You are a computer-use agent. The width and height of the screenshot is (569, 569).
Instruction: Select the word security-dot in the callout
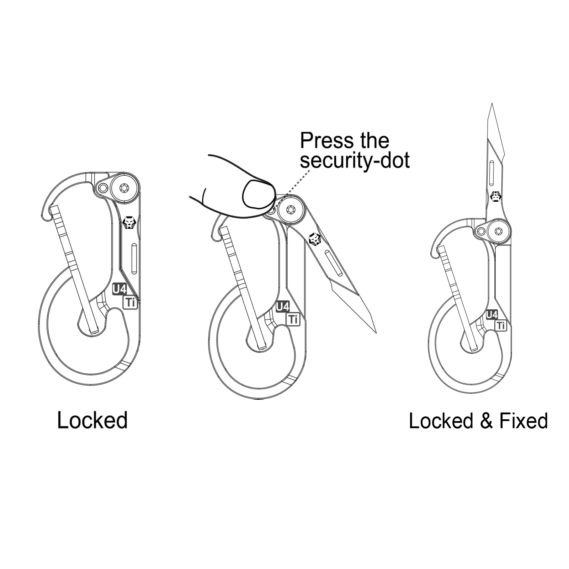355,160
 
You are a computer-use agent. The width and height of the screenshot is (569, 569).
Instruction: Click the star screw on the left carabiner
124,188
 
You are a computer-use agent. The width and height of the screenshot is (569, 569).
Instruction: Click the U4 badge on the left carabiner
119,289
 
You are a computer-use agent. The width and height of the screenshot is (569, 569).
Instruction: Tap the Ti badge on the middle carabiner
293,319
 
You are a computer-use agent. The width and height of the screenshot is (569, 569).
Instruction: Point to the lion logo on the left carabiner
129,223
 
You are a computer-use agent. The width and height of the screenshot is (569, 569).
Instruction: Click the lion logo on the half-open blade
315,239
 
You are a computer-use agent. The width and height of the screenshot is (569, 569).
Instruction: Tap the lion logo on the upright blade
495,196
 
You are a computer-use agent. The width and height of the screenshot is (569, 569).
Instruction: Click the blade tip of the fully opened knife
492,103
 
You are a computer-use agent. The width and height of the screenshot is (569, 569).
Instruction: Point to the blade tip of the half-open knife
376,333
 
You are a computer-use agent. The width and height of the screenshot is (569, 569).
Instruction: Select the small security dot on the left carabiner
103,188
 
